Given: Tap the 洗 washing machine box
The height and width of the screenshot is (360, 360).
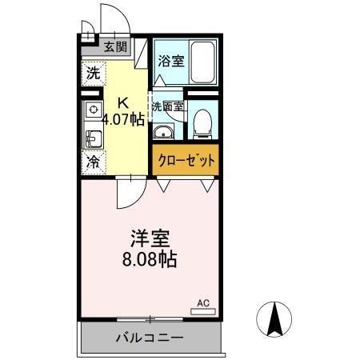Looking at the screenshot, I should click(93, 73).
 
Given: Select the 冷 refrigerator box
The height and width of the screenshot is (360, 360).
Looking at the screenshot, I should click(93, 162).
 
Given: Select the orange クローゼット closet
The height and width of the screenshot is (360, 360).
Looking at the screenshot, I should click(184, 159).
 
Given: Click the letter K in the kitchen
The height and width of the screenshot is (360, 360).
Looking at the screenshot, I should click(123, 102).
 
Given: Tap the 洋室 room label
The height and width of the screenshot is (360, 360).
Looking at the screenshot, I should click(150, 239).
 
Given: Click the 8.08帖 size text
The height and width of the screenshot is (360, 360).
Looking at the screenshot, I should click(150, 260).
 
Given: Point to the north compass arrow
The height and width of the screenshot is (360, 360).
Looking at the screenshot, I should click(274, 321).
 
